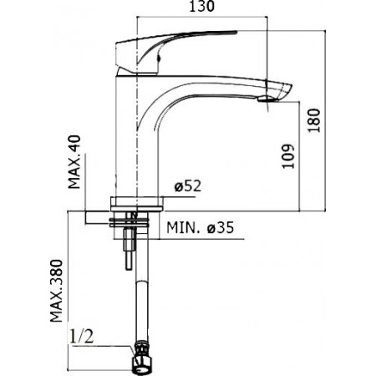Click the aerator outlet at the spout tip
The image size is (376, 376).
(x=265, y=99)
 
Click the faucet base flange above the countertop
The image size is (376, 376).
(x=135, y=201)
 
